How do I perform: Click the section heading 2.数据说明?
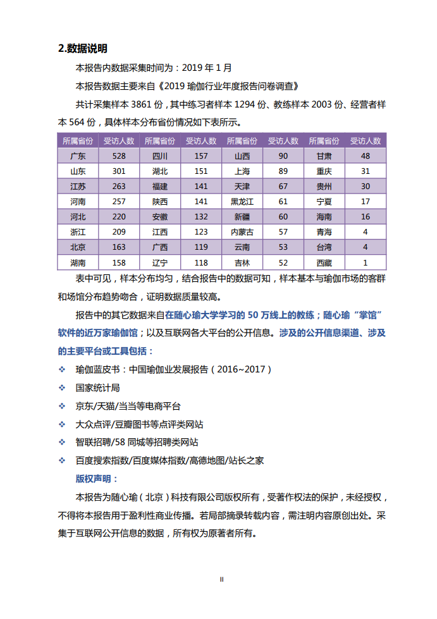coord(82,48)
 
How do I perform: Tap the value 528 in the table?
coord(119,156)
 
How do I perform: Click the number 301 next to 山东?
coord(119,171)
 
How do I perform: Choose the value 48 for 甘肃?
coord(366,156)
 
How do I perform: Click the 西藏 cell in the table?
coord(324,262)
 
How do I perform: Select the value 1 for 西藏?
coord(366,262)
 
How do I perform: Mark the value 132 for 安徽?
coord(201,216)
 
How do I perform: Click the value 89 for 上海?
coord(283,171)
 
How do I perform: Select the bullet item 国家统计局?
coord(97,387)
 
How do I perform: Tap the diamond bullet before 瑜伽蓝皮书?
coord(62,369)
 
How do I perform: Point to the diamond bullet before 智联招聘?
coord(62,442)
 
